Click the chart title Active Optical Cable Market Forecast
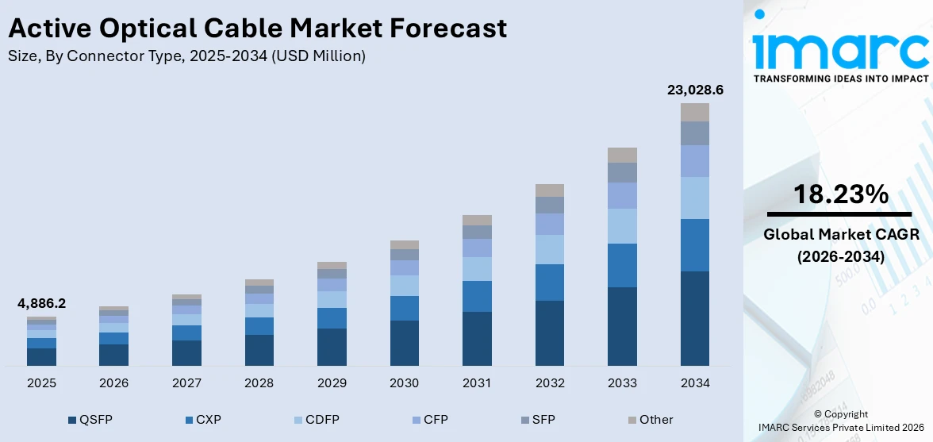257,29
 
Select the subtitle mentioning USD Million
186,56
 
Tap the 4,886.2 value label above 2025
41,303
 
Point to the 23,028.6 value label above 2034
695,90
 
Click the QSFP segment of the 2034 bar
695,317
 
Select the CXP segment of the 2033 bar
622,265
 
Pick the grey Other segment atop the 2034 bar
695,112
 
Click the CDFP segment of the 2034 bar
695,198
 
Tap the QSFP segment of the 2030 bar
404,343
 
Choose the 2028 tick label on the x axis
259,383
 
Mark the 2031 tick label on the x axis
477,383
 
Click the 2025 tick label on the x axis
41,383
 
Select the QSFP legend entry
90,420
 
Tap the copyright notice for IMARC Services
840,421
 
